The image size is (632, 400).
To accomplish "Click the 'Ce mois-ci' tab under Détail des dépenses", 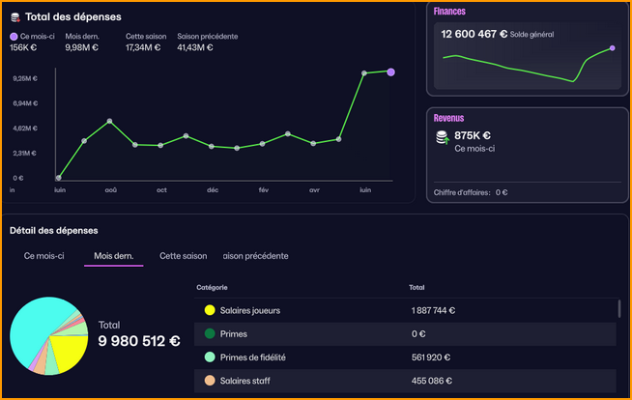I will click(44, 256).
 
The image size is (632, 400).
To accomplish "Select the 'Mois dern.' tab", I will click(113, 256).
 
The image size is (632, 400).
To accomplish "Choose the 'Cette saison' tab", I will click(184, 256).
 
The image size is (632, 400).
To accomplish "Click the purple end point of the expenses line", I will click(390, 71).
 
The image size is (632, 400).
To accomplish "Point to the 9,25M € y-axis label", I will click(24, 78).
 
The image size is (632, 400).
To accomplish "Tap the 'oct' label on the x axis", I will click(161, 190).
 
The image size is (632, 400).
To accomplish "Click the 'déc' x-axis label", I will click(213, 190).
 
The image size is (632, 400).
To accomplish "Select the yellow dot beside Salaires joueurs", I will click(209, 311).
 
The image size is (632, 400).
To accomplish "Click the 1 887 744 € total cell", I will click(433, 311).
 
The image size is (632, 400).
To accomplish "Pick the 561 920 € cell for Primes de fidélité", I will click(431, 357).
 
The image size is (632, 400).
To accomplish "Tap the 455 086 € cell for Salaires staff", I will click(431, 381).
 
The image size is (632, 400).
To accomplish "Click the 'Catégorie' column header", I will click(213, 287).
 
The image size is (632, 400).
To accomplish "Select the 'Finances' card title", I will click(449, 12).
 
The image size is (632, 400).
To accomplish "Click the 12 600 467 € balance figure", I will click(474, 33).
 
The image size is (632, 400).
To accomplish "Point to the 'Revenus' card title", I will click(449, 118).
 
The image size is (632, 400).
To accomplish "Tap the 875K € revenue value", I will click(473, 136).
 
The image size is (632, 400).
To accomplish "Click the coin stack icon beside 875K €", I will click(442, 138).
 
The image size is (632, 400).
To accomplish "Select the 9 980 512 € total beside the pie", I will click(139, 340).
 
